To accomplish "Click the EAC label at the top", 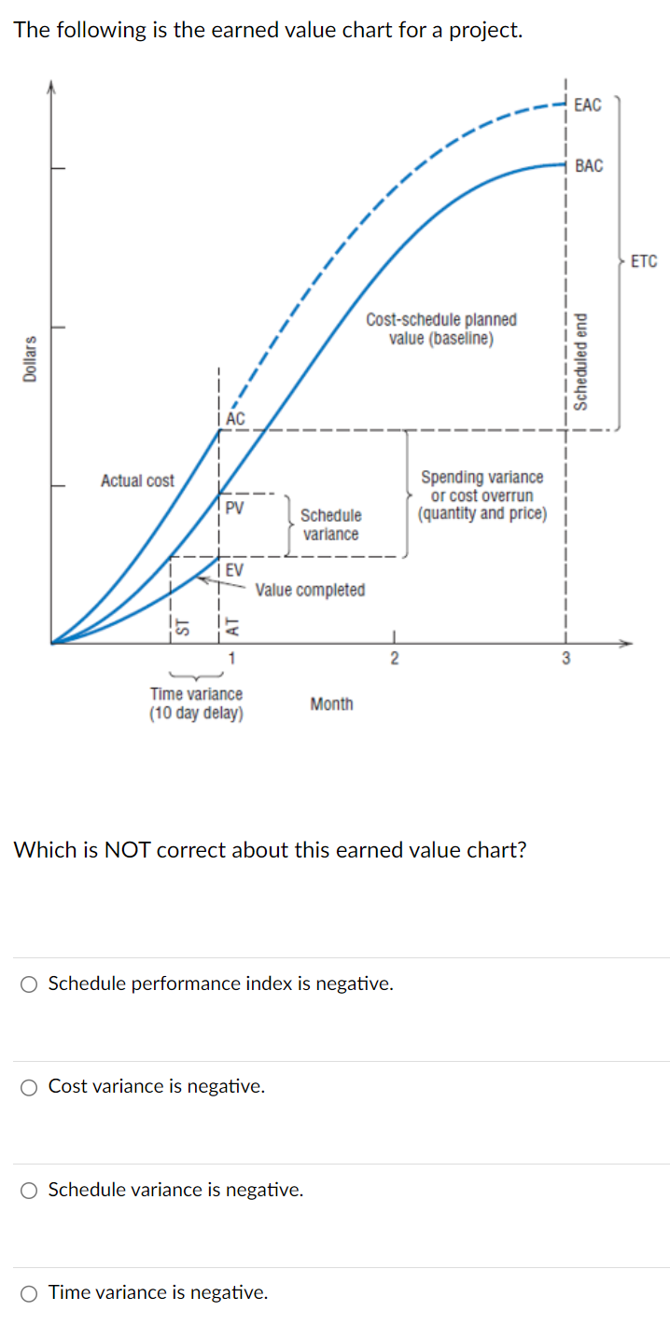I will pos(588,105).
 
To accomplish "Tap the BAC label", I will pos(589,166).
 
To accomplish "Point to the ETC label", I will pos(644,261).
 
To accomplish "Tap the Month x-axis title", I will pos(331,704).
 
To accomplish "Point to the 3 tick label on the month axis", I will pos(565,659).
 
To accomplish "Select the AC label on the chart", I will pos(235,419).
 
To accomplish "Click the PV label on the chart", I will pos(235,508).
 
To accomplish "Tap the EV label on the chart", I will pos(234,569).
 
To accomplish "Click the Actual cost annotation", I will pos(137,481).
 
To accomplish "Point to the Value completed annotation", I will pos(310,590).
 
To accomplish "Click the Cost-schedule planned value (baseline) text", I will pos(441,328).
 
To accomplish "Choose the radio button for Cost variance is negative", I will pos(30,1086).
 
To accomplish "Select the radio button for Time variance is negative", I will pos(30,1292).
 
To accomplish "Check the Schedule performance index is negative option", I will pos(30,983).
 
